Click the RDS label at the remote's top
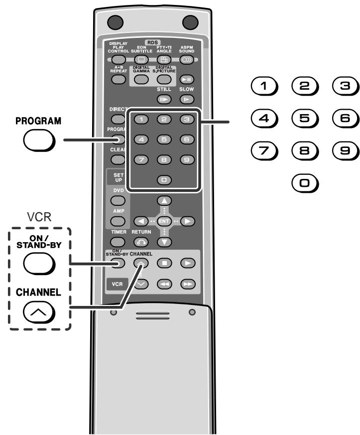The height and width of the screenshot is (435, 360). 147,42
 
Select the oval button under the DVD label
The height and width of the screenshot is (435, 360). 118,200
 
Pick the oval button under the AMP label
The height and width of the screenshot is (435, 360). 118,221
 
